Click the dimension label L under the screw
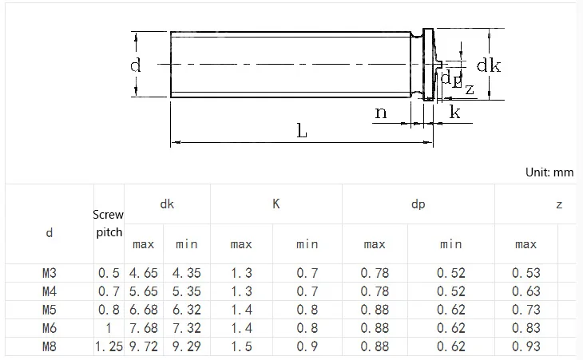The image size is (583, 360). (302, 131)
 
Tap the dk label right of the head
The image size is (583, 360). (489, 65)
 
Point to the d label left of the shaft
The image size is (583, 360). (135, 65)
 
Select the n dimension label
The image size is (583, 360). (381, 113)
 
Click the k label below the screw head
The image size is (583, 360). (454, 112)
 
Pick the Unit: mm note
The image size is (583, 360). (549, 172)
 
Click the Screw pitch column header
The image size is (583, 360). (108, 224)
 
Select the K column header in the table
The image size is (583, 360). (276, 204)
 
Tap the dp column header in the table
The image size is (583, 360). (418, 204)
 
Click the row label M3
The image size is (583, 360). (49, 273)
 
